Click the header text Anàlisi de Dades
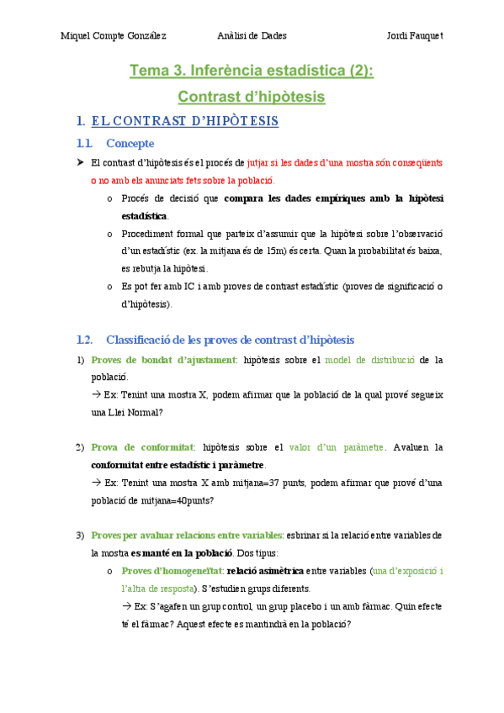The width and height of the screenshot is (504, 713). [252, 35]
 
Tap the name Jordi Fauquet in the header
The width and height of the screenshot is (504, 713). [415, 35]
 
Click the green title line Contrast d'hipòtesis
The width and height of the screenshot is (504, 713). [252, 97]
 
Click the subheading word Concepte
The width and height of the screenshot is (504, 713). [130, 143]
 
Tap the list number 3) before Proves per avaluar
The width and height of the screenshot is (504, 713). [80, 535]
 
